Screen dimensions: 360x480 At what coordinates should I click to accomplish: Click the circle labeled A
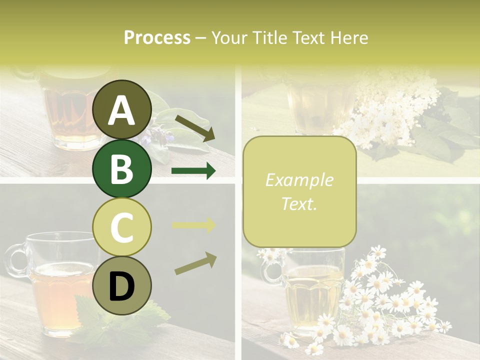(121, 109)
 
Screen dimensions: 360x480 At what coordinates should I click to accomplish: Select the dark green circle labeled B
(121, 168)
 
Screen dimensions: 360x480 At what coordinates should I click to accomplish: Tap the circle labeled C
(121, 227)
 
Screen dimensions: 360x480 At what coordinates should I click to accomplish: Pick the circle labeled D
(121, 285)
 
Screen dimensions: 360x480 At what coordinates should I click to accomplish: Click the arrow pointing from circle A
(195, 127)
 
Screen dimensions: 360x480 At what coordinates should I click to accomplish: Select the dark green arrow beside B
(193, 171)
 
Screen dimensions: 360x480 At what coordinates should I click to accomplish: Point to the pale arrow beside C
(193, 225)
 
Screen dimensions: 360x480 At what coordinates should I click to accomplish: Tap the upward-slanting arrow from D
(195, 263)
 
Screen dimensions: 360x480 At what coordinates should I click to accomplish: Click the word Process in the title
(157, 38)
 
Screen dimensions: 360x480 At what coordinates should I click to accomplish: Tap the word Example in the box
(299, 180)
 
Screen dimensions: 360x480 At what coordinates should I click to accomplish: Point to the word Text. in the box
(299, 203)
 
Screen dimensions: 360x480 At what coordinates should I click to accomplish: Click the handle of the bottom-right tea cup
(271, 272)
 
